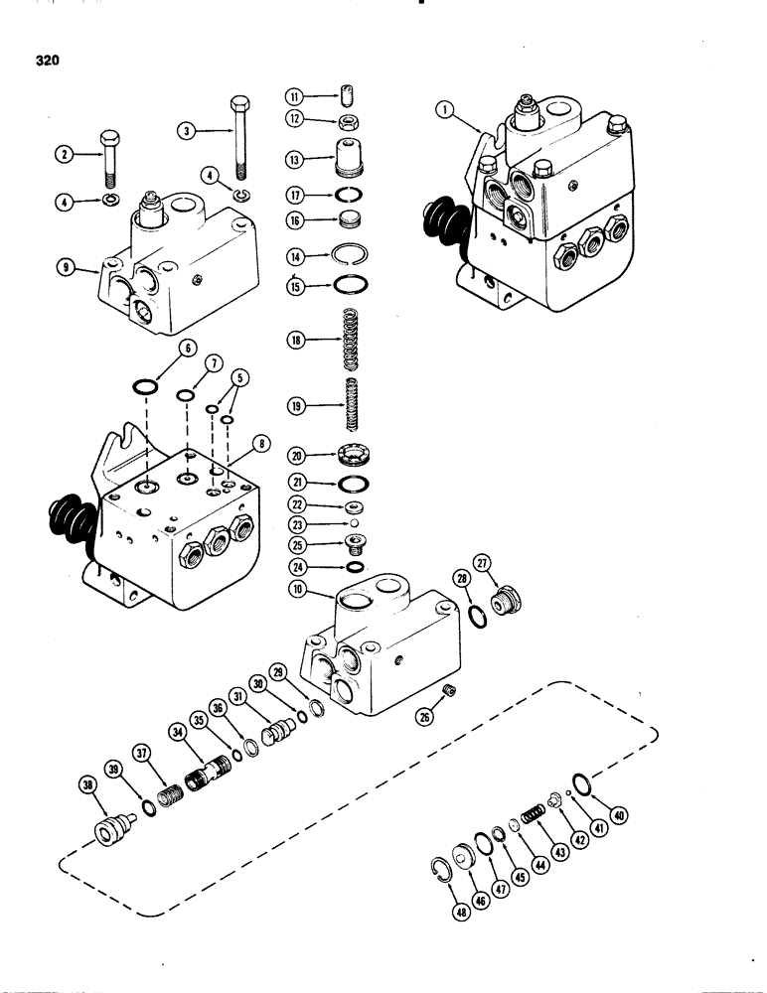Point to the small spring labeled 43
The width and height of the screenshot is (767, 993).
(533, 813)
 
